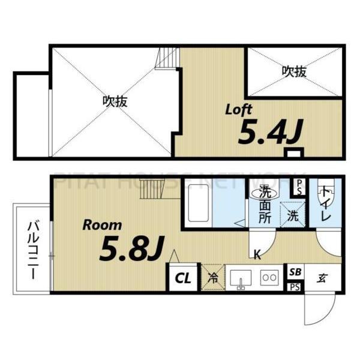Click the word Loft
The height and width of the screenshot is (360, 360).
[x=238, y=110]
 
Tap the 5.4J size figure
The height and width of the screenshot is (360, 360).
[x=269, y=132]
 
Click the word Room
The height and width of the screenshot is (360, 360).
[x=102, y=226]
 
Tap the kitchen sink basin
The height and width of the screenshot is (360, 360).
[x=242, y=278]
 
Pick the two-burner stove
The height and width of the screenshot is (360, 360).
[x=269, y=277]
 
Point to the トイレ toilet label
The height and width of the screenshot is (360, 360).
[x=325, y=203]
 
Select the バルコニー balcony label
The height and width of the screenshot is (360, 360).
[x=31, y=248]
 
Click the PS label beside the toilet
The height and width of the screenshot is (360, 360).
[x=298, y=188]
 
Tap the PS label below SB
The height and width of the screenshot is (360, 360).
[x=295, y=287]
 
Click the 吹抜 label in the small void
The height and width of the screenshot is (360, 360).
[x=294, y=71]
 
